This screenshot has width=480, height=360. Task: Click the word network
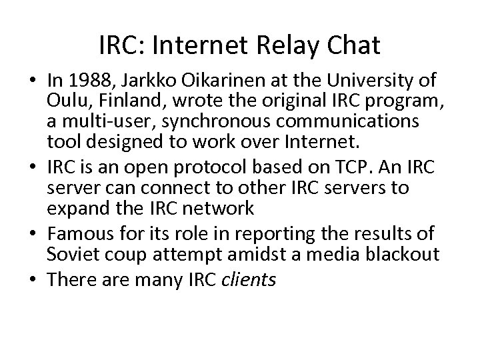pos(221,208)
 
